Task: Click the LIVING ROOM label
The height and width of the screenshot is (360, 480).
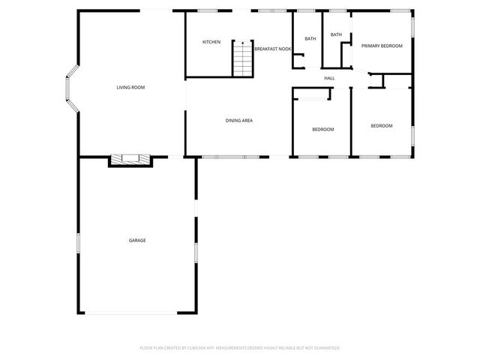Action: (x=130, y=88)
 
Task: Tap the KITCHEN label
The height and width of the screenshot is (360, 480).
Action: (x=211, y=42)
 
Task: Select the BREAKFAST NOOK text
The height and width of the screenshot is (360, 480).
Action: (x=272, y=49)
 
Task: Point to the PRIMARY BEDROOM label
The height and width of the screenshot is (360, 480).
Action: (x=382, y=46)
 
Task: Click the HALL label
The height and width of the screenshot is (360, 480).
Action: (x=329, y=78)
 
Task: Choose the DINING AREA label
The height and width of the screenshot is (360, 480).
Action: (x=238, y=120)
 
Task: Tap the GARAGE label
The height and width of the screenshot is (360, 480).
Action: (x=137, y=240)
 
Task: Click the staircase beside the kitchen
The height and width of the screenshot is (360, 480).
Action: (x=242, y=59)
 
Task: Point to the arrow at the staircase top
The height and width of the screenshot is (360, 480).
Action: (x=242, y=45)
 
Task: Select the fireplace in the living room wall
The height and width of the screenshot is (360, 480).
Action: (x=130, y=159)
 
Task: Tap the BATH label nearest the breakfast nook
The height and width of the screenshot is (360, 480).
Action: (x=310, y=39)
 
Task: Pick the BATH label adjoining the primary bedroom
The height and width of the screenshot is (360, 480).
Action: (x=336, y=34)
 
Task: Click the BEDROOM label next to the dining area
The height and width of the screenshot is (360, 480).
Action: (x=322, y=130)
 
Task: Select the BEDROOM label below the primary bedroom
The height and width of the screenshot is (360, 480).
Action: (x=382, y=125)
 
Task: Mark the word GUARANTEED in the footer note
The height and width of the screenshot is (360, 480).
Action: (x=325, y=348)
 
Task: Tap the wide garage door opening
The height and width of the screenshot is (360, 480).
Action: (x=131, y=313)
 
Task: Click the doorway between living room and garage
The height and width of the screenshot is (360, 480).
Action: (x=174, y=157)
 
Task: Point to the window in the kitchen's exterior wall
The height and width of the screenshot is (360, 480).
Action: (x=207, y=10)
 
